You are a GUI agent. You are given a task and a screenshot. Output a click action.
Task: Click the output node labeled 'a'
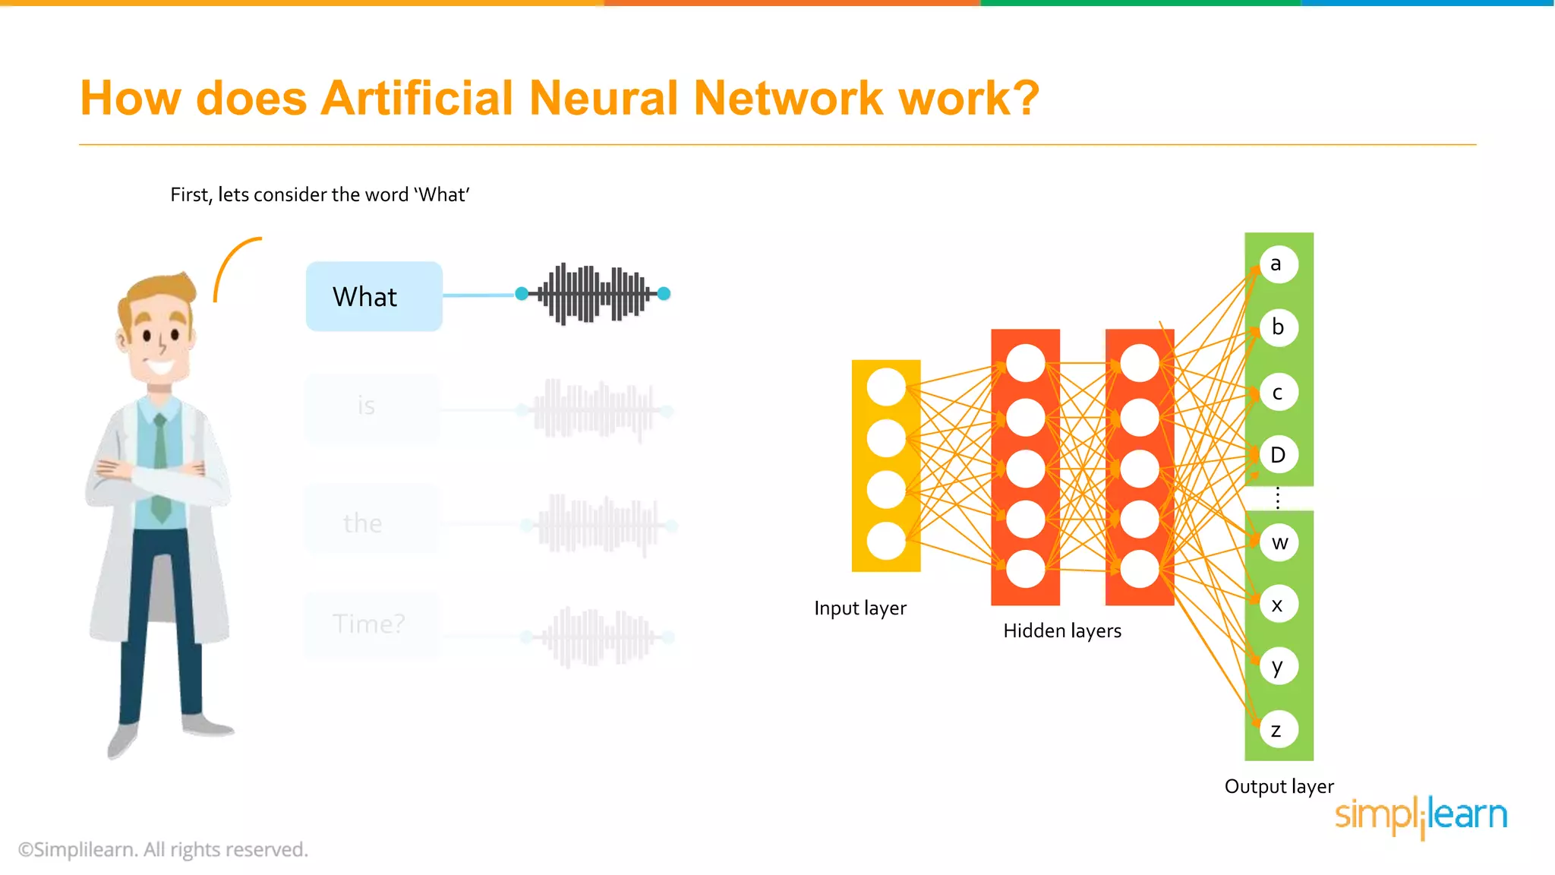[x=1279, y=264]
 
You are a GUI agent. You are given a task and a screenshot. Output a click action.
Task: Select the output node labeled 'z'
[x=1279, y=730]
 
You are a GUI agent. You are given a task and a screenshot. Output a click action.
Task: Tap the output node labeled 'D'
[x=1279, y=455]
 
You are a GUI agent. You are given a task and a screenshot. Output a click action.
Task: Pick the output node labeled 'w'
[x=1279, y=542]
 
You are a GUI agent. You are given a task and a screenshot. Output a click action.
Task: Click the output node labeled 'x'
[x=1279, y=605]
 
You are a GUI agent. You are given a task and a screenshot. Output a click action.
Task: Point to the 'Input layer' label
[x=860, y=608]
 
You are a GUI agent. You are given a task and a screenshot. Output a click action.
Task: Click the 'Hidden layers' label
[x=1062, y=631]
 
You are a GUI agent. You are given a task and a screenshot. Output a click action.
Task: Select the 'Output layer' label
[x=1279, y=787]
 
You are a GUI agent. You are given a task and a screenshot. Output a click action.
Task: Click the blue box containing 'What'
[x=374, y=296]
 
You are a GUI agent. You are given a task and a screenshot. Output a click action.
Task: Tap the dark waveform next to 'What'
[x=593, y=293]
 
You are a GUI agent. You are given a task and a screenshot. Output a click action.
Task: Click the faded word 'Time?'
[x=369, y=624]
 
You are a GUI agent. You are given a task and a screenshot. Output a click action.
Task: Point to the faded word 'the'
[x=363, y=523]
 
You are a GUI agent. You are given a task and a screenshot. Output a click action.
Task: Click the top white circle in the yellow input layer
[x=886, y=387]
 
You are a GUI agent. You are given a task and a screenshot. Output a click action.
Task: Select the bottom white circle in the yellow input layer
[x=886, y=542]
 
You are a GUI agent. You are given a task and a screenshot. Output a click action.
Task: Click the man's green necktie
[x=160, y=471]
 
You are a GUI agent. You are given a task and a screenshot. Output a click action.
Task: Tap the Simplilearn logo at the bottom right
[x=1421, y=816]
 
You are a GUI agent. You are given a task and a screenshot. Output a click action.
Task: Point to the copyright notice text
[x=163, y=849]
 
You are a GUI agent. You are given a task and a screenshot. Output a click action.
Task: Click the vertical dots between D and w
[x=1279, y=498]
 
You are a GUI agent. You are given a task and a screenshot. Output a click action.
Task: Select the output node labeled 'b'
[x=1279, y=327]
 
